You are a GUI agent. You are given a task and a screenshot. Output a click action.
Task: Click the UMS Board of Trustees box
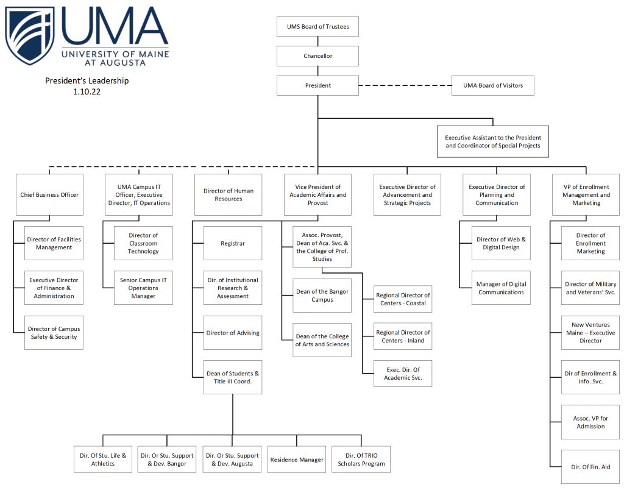[x=317, y=27]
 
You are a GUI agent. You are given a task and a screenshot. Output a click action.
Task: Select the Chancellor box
[x=317, y=56]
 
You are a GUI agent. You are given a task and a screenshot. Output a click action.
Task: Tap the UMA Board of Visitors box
[x=492, y=85]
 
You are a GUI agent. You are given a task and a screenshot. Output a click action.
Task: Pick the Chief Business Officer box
[x=49, y=195]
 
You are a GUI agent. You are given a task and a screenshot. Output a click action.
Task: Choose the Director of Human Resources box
[x=228, y=195]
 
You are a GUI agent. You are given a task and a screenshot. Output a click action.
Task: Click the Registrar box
[x=232, y=243]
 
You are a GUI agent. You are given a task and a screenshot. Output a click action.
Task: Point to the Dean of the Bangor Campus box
[x=322, y=296]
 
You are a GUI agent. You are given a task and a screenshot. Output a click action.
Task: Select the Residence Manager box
[x=297, y=460]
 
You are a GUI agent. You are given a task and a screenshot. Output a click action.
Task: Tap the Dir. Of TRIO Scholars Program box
[x=361, y=460]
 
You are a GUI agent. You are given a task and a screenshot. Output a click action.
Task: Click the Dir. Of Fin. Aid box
[x=590, y=467]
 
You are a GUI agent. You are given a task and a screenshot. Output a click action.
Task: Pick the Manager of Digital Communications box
[x=501, y=288]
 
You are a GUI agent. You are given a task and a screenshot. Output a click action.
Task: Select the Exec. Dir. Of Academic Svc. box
[x=402, y=374]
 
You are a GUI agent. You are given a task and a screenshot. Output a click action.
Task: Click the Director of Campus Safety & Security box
[x=54, y=333]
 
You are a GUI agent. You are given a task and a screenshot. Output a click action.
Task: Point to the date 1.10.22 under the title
[x=87, y=91]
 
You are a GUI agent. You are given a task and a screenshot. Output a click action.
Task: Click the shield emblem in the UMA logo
[x=29, y=35]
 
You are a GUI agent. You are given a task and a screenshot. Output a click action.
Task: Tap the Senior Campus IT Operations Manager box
[x=143, y=288]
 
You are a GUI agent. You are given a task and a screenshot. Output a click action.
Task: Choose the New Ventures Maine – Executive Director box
[x=590, y=333]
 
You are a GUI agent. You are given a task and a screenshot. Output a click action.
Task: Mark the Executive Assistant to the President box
[x=492, y=142]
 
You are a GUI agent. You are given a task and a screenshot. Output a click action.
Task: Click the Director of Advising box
[x=232, y=333]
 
